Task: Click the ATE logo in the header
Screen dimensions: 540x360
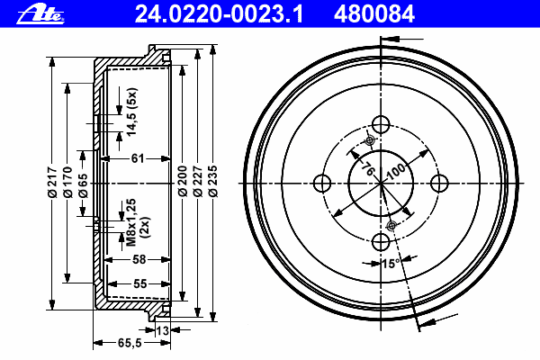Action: coord(40,14)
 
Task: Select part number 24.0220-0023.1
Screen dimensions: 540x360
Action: coord(219,14)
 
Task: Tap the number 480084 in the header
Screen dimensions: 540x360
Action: coord(374,14)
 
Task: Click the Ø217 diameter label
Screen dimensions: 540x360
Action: coord(52,182)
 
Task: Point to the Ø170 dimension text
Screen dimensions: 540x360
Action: coord(67,182)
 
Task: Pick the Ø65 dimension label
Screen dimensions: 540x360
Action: coord(83,185)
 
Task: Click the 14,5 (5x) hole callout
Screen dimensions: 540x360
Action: coord(131,112)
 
